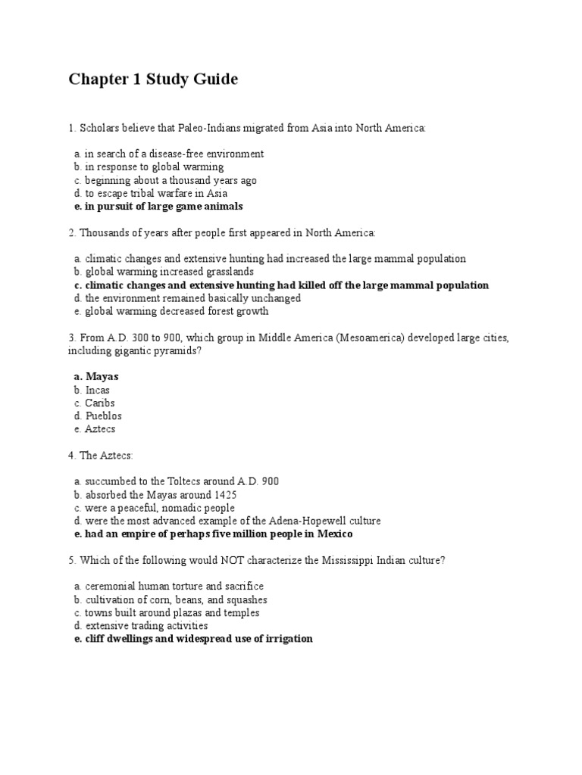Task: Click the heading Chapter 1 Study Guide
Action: click(x=153, y=79)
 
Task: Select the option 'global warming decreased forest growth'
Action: click(x=176, y=311)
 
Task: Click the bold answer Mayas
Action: click(x=102, y=376)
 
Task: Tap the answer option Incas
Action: click(x=97, y=390)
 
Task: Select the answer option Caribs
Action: click(x=99, y=403)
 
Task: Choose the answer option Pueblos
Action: click(x=103, y=416)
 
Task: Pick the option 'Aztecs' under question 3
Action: click(x=100, y=429)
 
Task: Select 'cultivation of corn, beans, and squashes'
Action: click(x=176, y=599)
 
